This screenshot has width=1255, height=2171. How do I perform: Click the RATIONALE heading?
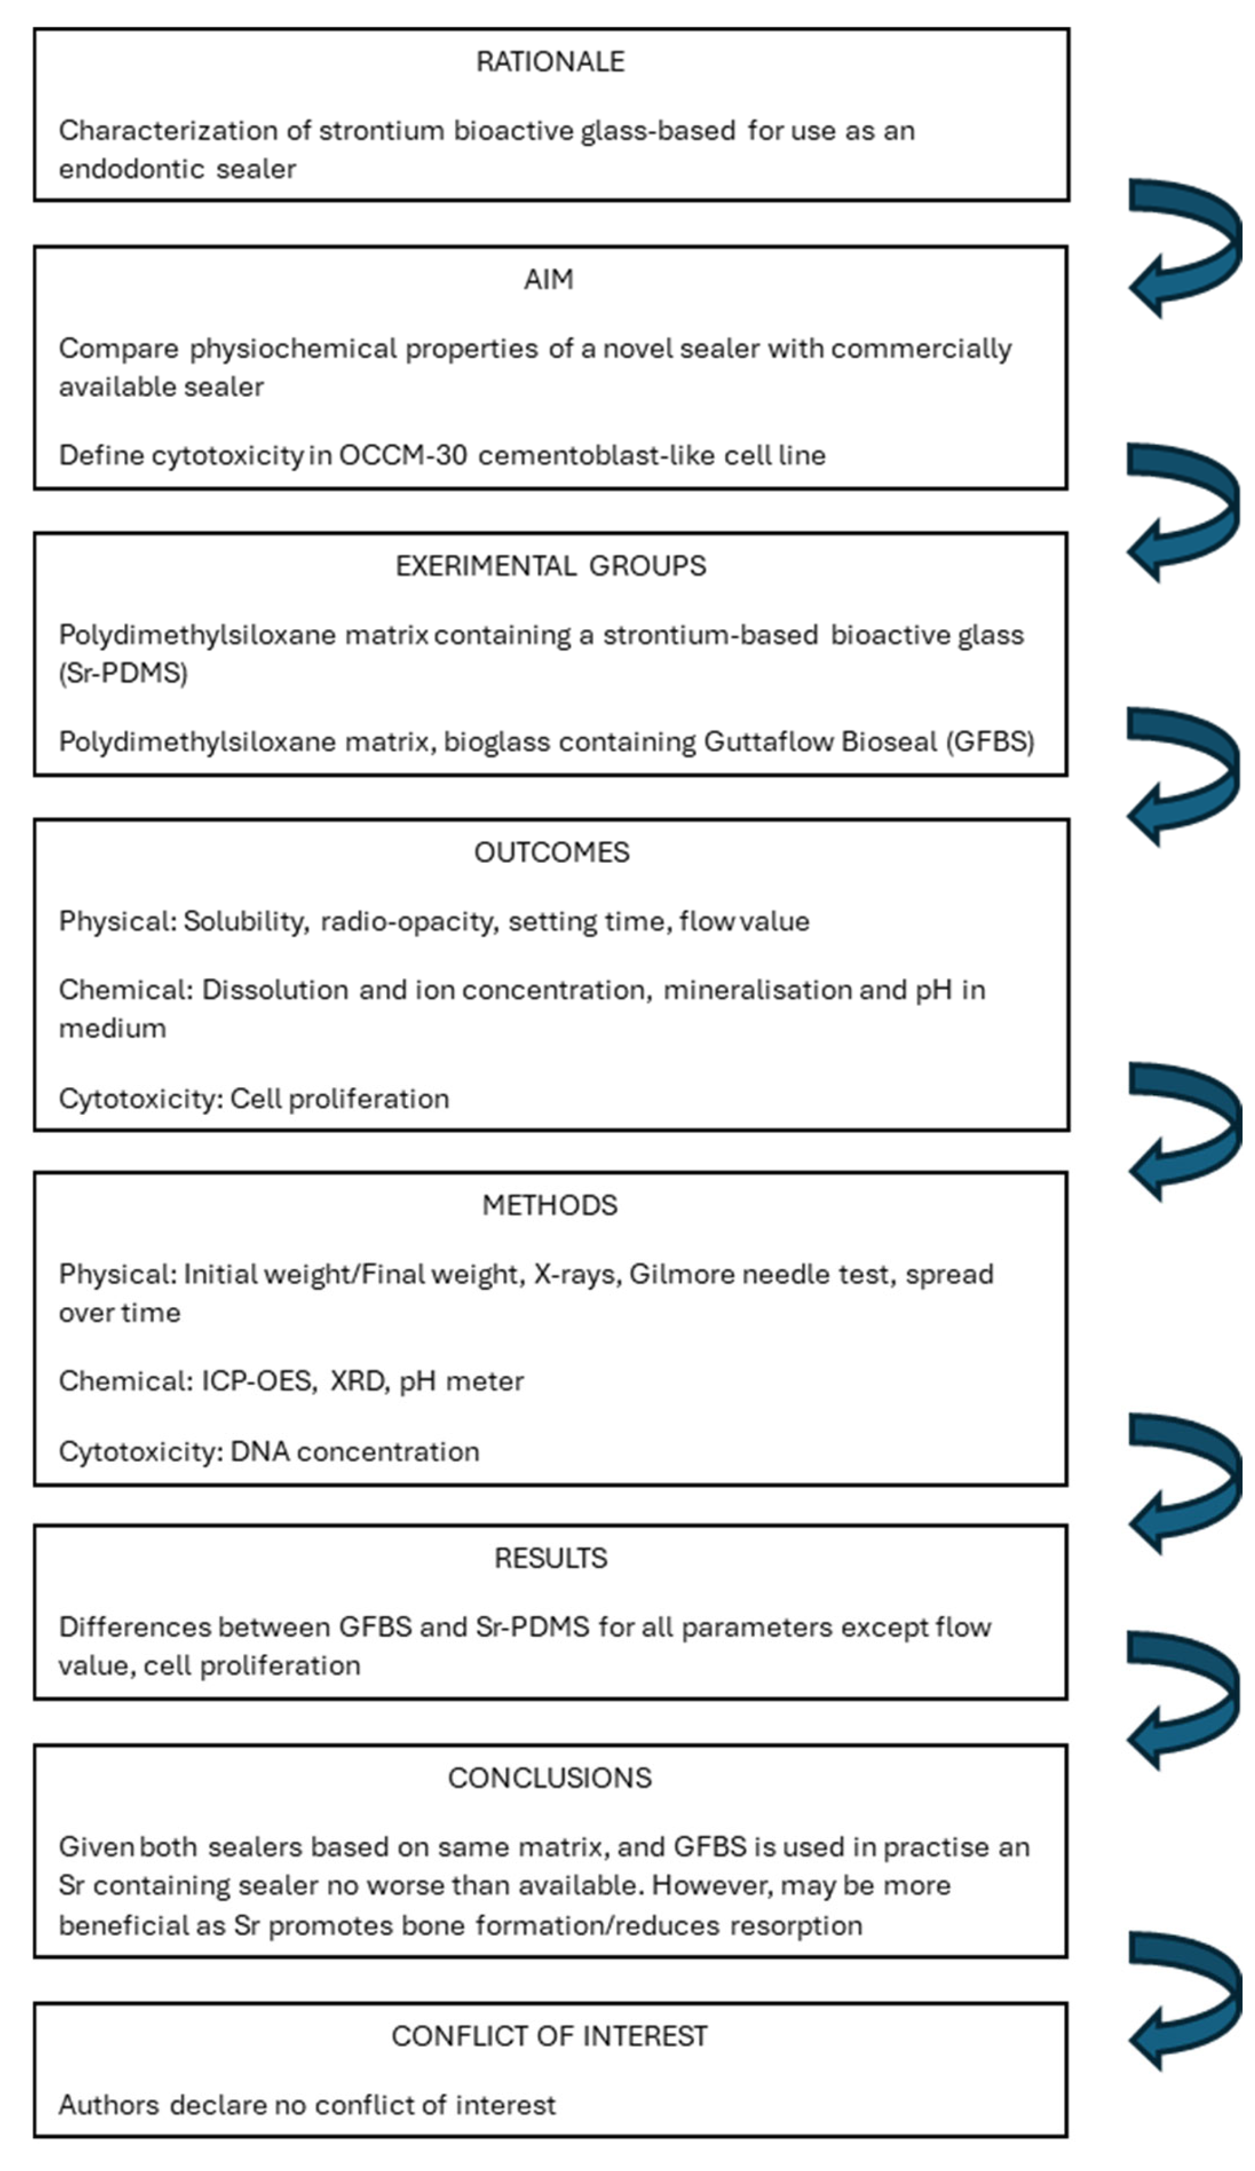pos(549,62)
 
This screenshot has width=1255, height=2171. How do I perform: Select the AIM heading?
pos(549,280)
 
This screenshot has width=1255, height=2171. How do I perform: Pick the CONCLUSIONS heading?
pos(549,1777)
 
